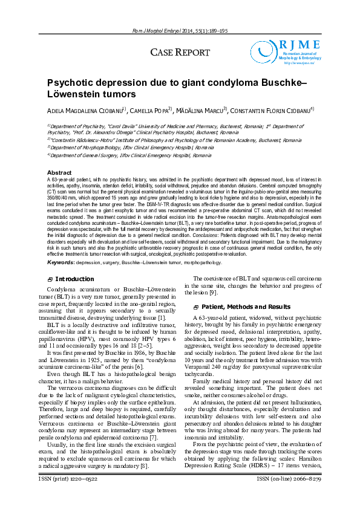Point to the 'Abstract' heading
pyautogui.click(x=59, y=173)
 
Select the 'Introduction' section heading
pyautogui.click(x=74, y=279)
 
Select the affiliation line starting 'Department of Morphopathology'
pyautogui.click(x=132, y=147)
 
